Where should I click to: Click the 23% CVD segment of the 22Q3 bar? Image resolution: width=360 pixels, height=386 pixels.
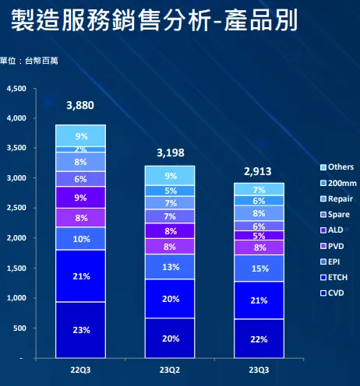point(80,329)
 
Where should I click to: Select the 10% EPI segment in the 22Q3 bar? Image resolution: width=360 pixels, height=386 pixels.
point(80,239)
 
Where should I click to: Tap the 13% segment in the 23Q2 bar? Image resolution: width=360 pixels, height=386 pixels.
point(169,267)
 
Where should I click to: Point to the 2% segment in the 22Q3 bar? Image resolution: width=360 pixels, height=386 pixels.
point(80,149)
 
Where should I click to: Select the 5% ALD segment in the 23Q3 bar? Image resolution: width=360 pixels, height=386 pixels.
point(258,236)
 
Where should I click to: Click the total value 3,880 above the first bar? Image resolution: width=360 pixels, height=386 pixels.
point(80,106)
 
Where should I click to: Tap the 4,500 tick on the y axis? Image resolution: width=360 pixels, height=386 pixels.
point(16,89)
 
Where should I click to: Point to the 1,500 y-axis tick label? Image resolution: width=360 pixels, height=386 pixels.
point(16,268)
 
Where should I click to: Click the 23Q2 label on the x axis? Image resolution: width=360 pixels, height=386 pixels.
point(169,370)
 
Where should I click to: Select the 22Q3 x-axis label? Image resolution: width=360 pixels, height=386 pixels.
point(80,370)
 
